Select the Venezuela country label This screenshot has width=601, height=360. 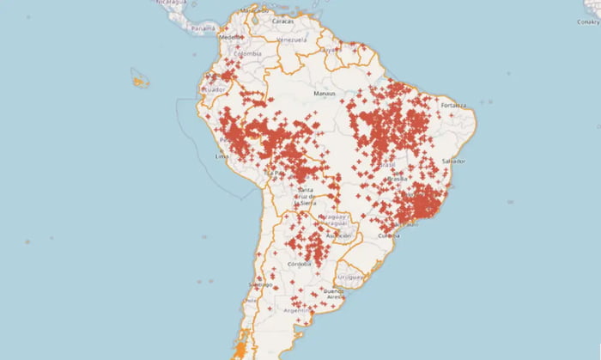point(291,40)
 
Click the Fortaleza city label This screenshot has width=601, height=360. point(453,106)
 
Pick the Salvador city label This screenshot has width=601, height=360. point(453,162)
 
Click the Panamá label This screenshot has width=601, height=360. point(203,28)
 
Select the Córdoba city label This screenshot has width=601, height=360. point(300,264)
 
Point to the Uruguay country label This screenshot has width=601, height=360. point(351,278)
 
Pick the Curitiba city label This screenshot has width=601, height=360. point(389,235)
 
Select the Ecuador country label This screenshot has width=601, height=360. point(212,89)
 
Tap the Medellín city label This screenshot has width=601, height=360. point(230,38)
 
